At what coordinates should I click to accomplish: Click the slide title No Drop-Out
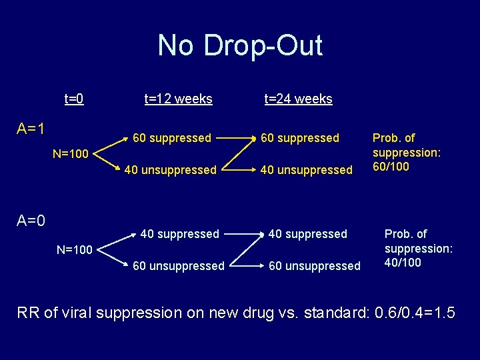click(x=240, y=46)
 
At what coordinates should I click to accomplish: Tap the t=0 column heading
click(x=73, y=99)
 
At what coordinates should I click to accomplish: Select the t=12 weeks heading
click(x=178, y=99)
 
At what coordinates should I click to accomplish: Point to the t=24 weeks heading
click(x=298, y=99)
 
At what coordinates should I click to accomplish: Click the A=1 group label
click(x=31, y=128)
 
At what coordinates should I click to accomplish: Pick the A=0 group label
click(x=31, y=220)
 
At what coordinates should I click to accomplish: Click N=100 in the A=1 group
click(x=71, y=155)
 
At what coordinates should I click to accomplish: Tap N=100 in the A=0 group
click(x=74, y=251)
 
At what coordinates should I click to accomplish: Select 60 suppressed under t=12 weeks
click(x=172, y=138)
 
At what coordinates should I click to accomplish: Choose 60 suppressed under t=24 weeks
click(x=300, y=138)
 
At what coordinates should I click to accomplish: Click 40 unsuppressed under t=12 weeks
click(x=170, y=170)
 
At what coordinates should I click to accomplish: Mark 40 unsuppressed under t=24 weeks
click(x=307, y=170)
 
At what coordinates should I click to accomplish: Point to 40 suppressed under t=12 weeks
click(x=179, y=234)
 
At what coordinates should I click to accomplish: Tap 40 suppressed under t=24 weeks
click(x=307, y=234)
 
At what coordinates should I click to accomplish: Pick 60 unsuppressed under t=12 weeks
click(x=178, y=266)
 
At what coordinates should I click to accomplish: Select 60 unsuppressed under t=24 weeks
click(x=314, y=266)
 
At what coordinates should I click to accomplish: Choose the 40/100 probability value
click(x=403, y=263)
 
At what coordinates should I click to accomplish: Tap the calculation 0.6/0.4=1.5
click(x=413, y=313)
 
